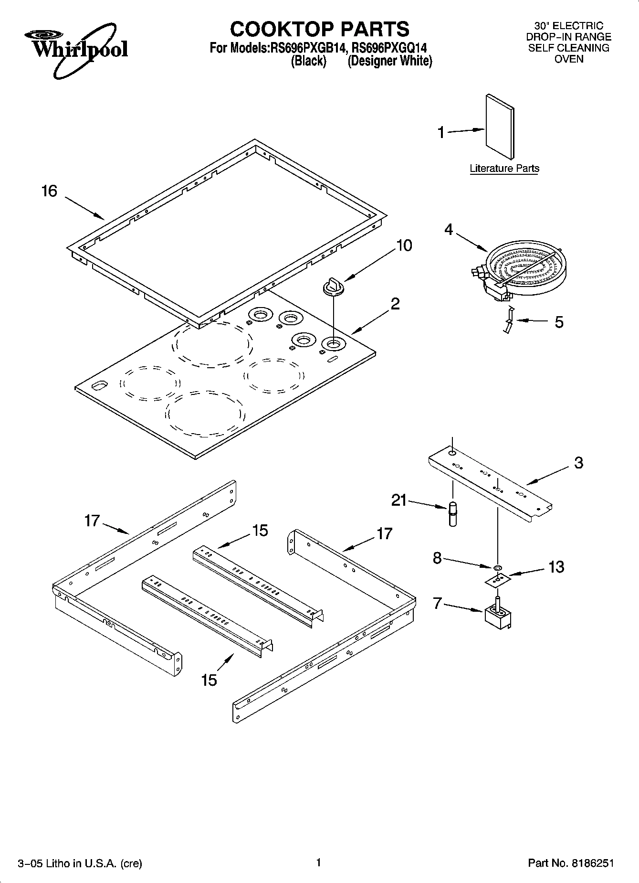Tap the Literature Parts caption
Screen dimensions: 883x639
(504, 168)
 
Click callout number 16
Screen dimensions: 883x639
(49, 191)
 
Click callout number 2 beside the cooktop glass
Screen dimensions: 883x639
(395, 303)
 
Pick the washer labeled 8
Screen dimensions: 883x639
(497, 567)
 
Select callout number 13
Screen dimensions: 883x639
(556, 567)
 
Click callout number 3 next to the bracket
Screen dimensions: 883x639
(578, 462)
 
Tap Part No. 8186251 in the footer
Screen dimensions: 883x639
(570, 863)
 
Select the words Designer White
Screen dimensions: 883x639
(390, 61)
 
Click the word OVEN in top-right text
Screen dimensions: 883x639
(568, 59)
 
